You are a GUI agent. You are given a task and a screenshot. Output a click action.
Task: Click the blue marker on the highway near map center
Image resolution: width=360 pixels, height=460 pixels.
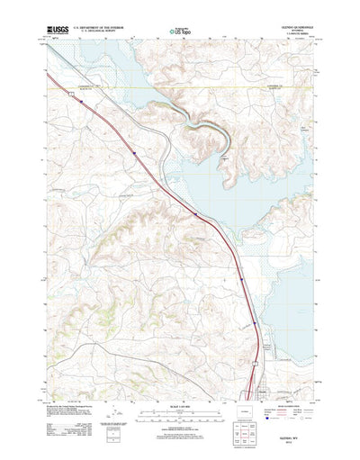coord(195,212)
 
